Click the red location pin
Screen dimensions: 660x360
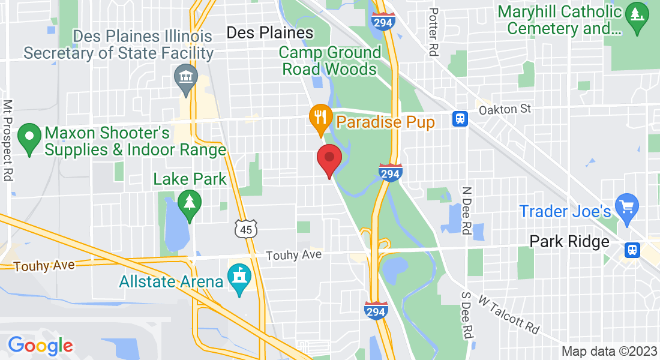pyautogui.click(x=329, y=160)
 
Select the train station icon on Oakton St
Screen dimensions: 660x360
pyautogui.click(x=461, y=118)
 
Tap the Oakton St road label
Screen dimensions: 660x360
pyautogui.click(x=505, y=109)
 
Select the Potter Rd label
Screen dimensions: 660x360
pyautogui.click(x=434, y=32)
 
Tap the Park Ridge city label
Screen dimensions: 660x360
pyautogui.click(x=569, y=242)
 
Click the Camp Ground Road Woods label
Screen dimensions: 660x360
pyautogui.click(x=329, y=61)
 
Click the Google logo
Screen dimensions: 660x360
pyautogui.click(x=40, y=346)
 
